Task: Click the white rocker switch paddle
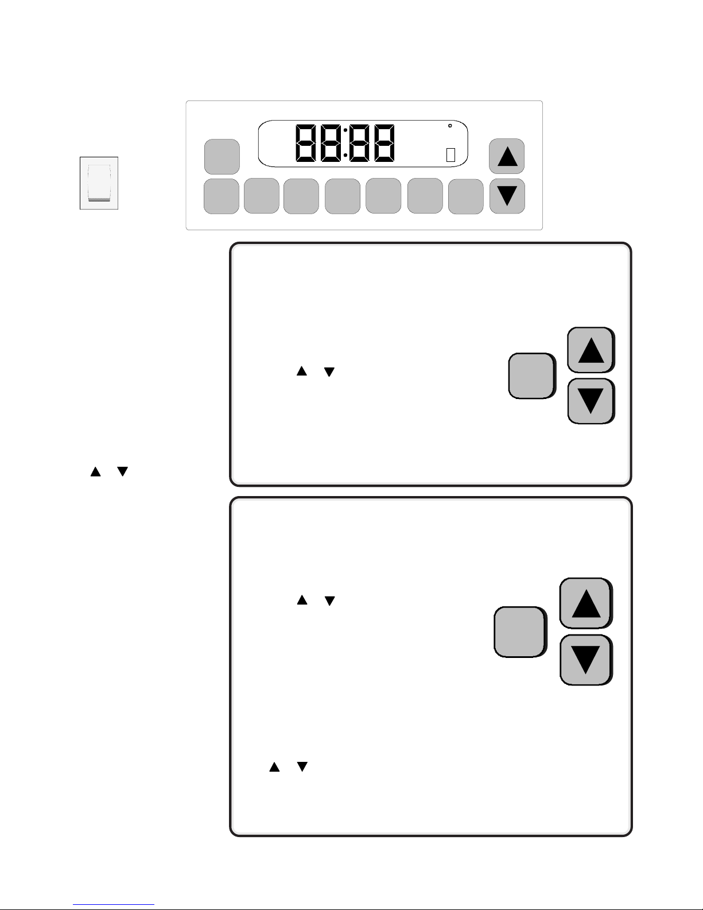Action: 99,183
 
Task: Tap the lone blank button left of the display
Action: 222,157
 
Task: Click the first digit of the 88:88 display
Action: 306,143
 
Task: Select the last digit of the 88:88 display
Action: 384,143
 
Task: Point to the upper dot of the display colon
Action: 345,130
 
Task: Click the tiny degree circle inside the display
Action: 450,126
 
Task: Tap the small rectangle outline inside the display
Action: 450,155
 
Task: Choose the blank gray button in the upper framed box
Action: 532,375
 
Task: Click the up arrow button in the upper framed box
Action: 591,350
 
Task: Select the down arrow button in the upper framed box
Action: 591,401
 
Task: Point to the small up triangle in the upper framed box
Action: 302,371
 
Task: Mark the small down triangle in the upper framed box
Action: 329,372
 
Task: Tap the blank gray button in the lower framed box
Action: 520,632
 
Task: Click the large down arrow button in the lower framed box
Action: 586,660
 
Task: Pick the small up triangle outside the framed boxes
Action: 95,471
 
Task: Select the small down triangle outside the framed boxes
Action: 123,471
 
